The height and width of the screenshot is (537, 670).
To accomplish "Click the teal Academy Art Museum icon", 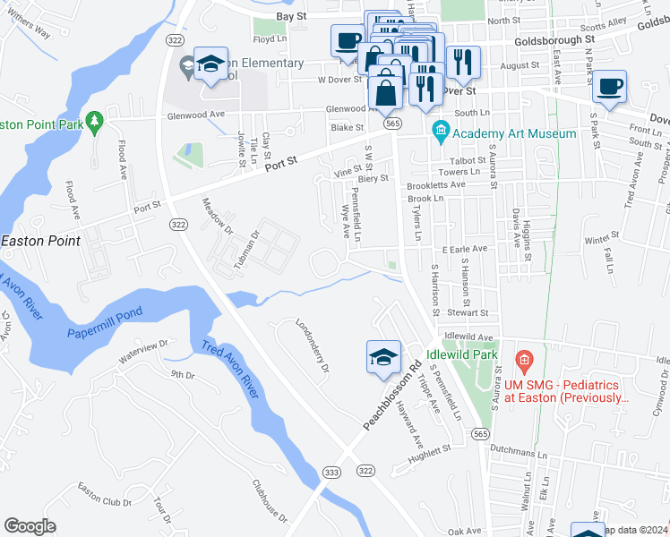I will tap(440, 133).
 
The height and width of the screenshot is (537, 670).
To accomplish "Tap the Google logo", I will tap(30, 526).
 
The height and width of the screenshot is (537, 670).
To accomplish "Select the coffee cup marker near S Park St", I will tap(609, 87).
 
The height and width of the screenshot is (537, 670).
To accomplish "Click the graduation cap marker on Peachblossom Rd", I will tap(382, 357).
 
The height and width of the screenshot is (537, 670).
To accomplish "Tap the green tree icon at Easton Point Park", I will tap(93, 122).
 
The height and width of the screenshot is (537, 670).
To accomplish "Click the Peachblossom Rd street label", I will tap(392, 395).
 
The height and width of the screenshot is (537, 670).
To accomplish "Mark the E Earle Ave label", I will tap(463, 249).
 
